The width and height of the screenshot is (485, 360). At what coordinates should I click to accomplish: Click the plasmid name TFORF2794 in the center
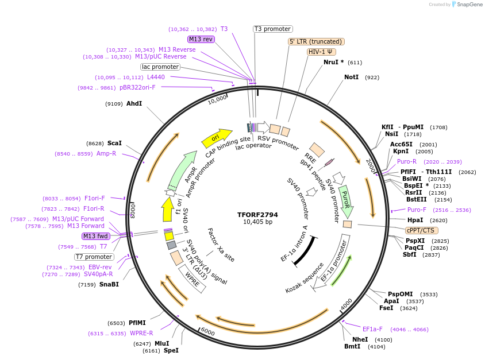[257, 215]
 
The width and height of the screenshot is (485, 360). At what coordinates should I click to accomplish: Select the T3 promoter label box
[272, 29]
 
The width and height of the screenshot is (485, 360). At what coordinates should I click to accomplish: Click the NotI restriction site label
[351, 77]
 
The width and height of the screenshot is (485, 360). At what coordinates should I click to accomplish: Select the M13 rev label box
[201, 39]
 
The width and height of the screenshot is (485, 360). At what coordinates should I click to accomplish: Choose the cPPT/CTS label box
[420, 231]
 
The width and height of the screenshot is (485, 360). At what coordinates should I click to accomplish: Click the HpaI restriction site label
[415, 220]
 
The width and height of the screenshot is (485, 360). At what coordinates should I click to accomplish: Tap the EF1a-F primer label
[372, 330]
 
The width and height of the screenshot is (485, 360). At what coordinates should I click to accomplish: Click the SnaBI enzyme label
[109, 284]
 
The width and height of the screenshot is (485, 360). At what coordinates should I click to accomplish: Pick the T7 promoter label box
[94, 257]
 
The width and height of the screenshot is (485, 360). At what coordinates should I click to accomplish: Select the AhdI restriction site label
[134, 104]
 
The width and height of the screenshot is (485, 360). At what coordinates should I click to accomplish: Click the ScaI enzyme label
[115, 143]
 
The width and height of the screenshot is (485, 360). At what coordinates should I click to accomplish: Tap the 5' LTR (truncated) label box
[315, 41]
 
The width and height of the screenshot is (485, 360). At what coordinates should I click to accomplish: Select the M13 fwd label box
[96, 236]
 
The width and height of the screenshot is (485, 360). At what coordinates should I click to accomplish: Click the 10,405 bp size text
[257, 222]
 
